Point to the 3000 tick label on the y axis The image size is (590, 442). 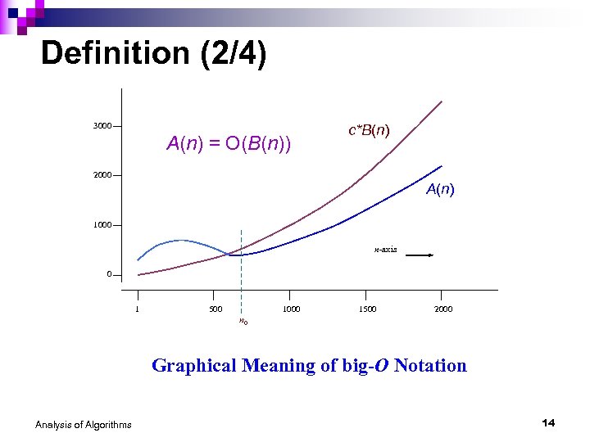point(102,126)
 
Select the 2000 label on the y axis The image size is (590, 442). point(102,176)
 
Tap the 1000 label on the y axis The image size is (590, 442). point(102,225)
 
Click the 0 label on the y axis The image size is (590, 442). point(109,274)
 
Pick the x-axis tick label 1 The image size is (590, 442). point(138,309)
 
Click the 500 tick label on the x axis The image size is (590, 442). point(215,309)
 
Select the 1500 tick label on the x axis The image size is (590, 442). point(367,309)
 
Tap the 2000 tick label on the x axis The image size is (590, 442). point(443,309)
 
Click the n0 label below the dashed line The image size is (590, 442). point(243,321)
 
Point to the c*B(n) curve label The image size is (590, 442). point(369,130)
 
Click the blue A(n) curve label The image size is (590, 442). point(440,190)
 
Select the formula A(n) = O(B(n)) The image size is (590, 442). point(229,145)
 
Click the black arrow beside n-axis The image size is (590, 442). point(420,255)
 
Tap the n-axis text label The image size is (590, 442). point(385,249)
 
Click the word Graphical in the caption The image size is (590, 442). point(194,366)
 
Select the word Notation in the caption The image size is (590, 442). point(430,366)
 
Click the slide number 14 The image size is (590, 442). point(548,422)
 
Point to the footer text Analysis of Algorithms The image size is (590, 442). point(83,424)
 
